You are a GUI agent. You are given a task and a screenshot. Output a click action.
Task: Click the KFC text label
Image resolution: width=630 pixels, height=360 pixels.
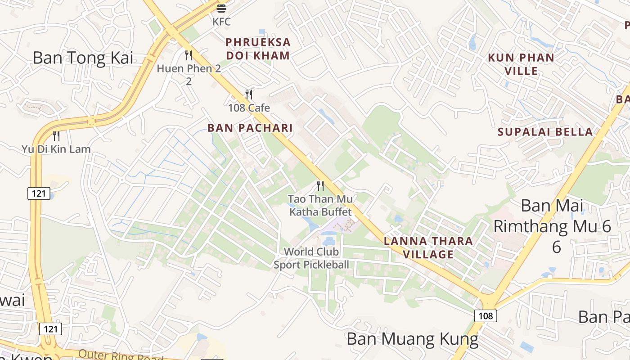coord(221,21)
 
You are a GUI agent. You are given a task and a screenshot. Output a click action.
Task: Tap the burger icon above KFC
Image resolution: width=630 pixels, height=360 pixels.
coord(221,8)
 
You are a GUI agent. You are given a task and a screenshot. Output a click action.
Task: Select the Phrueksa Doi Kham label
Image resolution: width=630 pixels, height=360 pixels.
coord(258,49)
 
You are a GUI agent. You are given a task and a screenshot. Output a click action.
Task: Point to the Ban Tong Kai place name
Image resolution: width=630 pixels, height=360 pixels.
coord(83,58)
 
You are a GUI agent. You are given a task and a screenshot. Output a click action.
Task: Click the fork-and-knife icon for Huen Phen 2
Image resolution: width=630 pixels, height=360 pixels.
coord(189,55)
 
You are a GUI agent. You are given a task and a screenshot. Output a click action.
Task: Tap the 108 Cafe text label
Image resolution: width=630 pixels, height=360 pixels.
coord(249,108)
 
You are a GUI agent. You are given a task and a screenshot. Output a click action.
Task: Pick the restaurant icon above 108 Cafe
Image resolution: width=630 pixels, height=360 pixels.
coord(248,94)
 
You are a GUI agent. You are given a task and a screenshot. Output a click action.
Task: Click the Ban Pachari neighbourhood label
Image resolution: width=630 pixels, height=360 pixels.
coord(250,128)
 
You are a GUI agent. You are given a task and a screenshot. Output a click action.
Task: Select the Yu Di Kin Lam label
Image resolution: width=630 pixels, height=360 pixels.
coord(56,149)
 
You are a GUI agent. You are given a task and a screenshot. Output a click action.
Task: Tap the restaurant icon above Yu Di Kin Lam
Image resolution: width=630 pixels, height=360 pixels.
coord(56,135)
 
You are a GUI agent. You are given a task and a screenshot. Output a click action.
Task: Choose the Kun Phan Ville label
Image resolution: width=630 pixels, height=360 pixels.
coord(521,64)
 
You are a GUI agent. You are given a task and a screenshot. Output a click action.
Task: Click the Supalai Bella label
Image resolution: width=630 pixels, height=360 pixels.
coord(545,132)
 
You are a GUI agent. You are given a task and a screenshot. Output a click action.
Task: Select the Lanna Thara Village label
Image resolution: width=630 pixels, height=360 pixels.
coord(428,247)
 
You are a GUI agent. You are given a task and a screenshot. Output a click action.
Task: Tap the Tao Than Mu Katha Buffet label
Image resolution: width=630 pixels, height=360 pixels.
coord(320,205)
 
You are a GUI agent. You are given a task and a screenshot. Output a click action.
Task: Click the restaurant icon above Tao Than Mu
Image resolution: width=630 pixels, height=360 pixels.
coord(320,185)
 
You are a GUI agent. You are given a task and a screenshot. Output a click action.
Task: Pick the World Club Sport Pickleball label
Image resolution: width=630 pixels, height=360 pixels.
coord(311,258)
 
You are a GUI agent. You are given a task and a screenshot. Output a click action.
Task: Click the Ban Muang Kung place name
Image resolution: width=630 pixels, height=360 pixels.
coord(412,339)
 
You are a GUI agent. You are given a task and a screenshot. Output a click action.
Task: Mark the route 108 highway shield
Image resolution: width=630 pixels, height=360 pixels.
coord(486,315)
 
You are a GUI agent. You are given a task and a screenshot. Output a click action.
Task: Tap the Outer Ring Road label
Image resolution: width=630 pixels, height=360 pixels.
coord(121,355)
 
